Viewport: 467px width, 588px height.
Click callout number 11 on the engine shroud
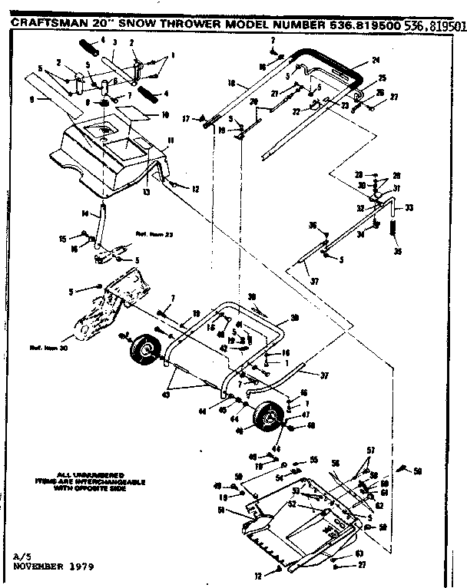tap(171, 139)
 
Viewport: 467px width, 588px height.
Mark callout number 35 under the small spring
tap(396, 250)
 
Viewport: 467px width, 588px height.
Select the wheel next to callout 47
tap(267, 418)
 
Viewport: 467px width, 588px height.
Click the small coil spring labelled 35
tap(395, 229)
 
